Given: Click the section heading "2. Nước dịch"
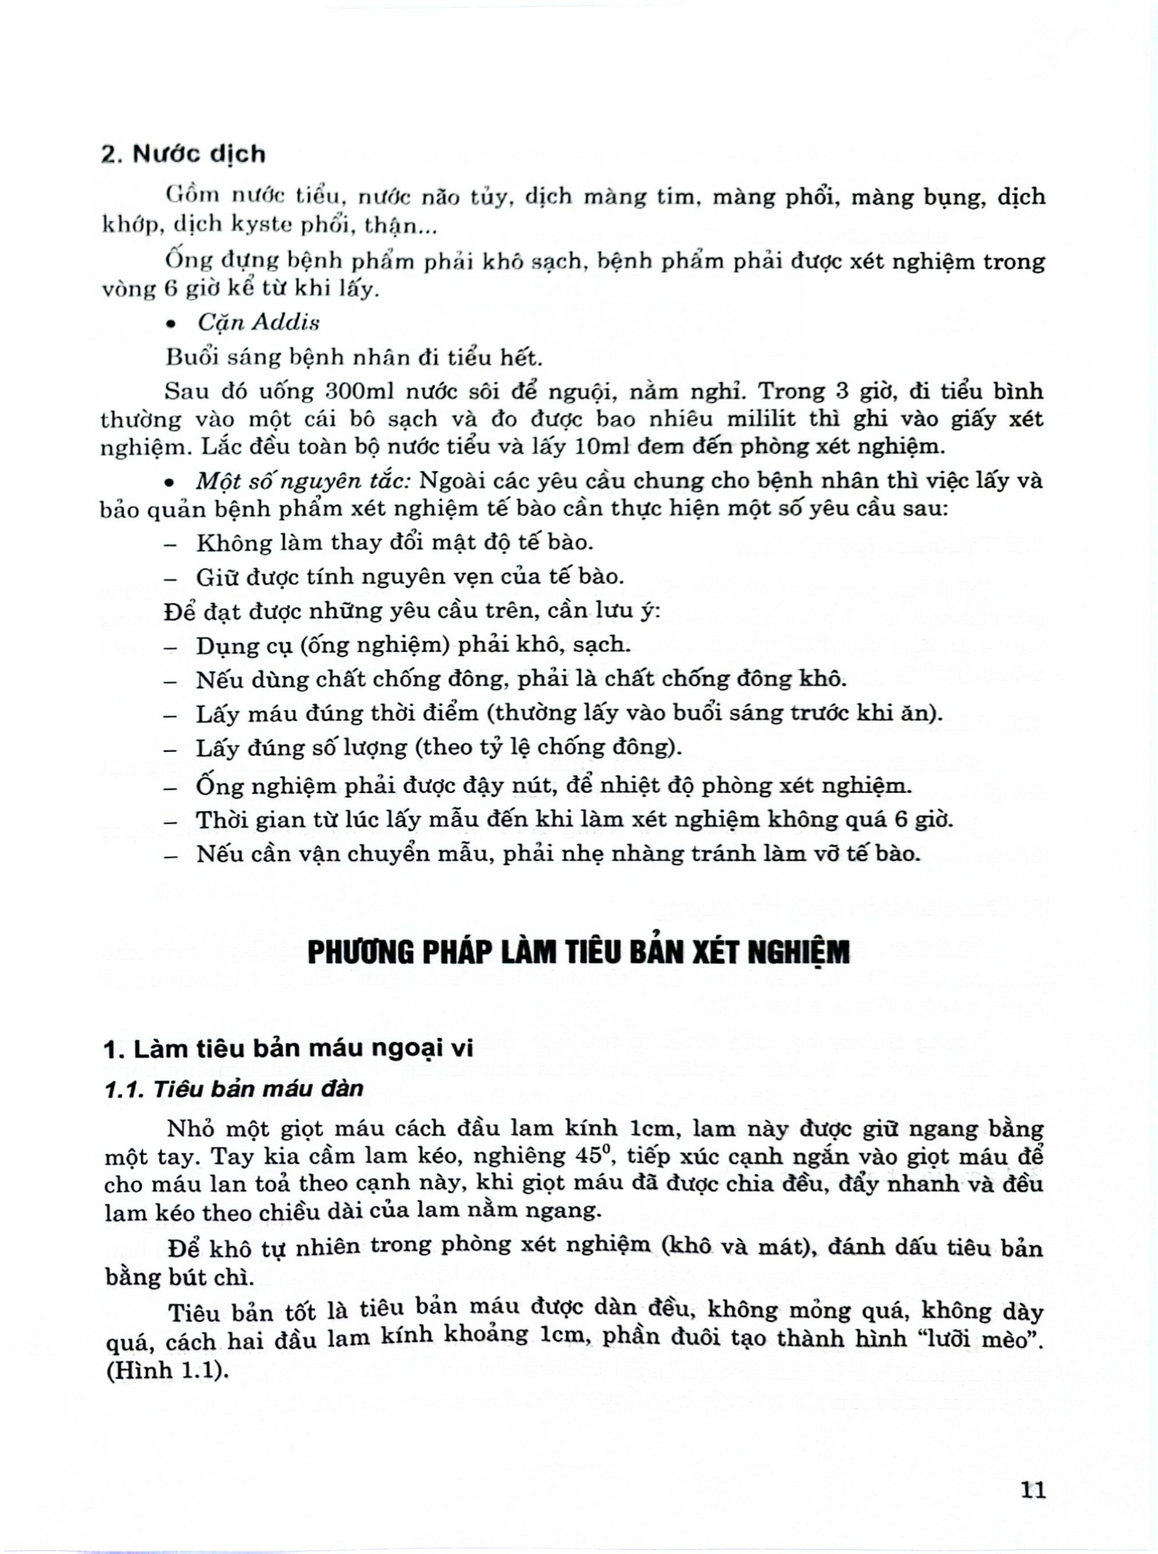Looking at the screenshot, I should click(x=184, y=154).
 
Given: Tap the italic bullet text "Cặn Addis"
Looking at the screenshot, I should click(x=258, y=322).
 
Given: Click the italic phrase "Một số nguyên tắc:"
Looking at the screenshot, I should click(x=303, y=481).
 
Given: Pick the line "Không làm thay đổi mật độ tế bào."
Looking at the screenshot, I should click(x=395, y=543).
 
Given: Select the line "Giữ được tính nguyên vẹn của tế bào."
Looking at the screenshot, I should click(x=410, y=577).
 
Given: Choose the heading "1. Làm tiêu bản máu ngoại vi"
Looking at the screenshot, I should click(x=288, y=1049).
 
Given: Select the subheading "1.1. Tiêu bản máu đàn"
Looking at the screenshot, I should click(x=234, y=1089).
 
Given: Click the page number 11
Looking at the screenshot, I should click(x=1034, y=1490).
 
